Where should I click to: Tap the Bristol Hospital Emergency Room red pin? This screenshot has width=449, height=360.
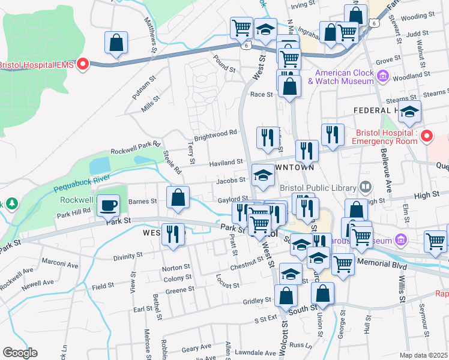click(x=427, y=136)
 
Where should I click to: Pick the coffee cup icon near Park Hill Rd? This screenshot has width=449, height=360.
click(x=108, y=205)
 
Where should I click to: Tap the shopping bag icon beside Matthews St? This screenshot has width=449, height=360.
click(x=116, y=43)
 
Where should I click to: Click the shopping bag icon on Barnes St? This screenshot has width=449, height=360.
click(x=178, y=197)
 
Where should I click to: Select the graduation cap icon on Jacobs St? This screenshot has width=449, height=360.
click(x=262, y=175)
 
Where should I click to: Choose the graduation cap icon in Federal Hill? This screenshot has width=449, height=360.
click(x=410, y=112)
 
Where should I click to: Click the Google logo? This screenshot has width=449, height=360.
click(x=20, y=353)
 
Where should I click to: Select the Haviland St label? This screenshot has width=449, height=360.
click(x=225, y=162)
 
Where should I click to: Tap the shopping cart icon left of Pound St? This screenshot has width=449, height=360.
click(x=241, y=27)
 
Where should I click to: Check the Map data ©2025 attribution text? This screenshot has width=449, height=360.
click(x=423, y=355)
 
